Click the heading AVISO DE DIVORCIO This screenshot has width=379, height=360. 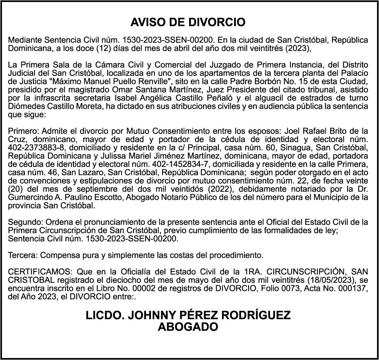point(188,22)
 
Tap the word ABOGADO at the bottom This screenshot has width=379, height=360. point(188,327)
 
